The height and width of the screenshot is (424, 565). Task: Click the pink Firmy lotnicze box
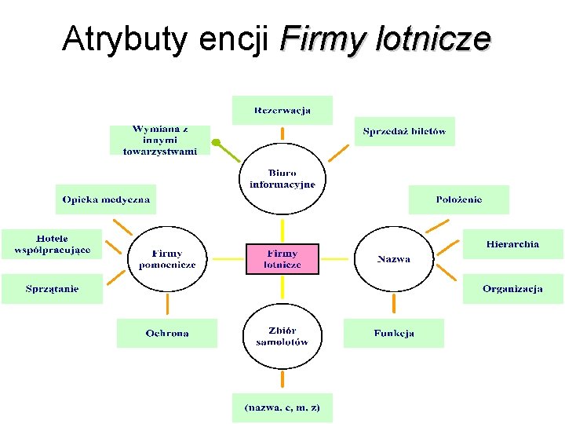click(282, 258)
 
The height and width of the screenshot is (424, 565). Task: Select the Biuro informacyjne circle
click(282, 179)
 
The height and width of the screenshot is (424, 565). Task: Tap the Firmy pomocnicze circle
click(166, 258)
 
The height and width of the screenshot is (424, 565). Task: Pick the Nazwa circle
click(393, 258)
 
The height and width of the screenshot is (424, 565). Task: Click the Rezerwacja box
click(282, 110)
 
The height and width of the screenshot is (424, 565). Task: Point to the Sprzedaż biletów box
click(404, 131)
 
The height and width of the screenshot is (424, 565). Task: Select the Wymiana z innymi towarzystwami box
click(159, 140)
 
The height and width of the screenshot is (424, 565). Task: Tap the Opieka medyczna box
click(106, 199)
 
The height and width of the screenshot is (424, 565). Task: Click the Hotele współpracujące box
click(52, 244)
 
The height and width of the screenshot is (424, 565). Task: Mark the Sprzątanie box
click(52, 289)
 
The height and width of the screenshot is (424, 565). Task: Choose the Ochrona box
click(166, 333)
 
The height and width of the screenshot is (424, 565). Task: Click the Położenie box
click(459, 199)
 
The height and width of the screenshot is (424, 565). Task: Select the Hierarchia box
click(512, 244)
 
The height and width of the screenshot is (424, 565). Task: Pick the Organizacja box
click(512, 289)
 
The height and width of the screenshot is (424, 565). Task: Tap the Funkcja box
click(393, 333)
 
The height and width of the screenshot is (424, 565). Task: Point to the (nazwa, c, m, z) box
click(282, 408)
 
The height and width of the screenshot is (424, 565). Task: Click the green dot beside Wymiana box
click(217, 143)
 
